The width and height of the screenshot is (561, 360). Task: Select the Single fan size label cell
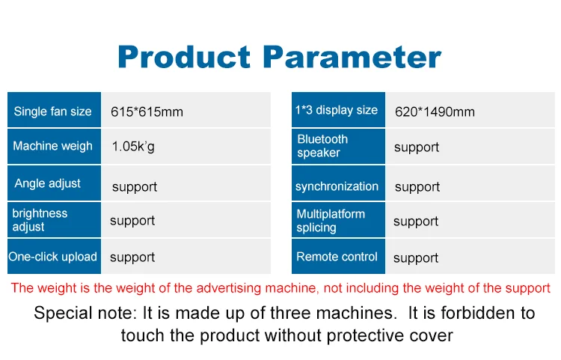(x=53, y=112)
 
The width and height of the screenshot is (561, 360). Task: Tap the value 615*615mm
(x=147, y=112)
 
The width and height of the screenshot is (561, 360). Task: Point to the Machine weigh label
(x=53, y=146)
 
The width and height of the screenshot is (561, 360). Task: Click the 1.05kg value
(x=133, y=147)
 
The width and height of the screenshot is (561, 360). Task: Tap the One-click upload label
(x=53, y=257)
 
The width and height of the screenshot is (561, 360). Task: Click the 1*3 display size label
(x=337, y=111)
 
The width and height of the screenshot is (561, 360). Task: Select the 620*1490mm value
(x=435, y=112)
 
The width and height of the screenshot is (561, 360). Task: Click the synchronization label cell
(x=337, y=186)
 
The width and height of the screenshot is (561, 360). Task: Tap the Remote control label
(x=337, y=257)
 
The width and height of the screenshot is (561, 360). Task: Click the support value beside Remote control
(x=416, y=258)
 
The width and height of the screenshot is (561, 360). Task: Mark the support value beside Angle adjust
(x=135, y=186)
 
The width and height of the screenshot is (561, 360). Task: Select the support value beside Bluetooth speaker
(x=417, y=147)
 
